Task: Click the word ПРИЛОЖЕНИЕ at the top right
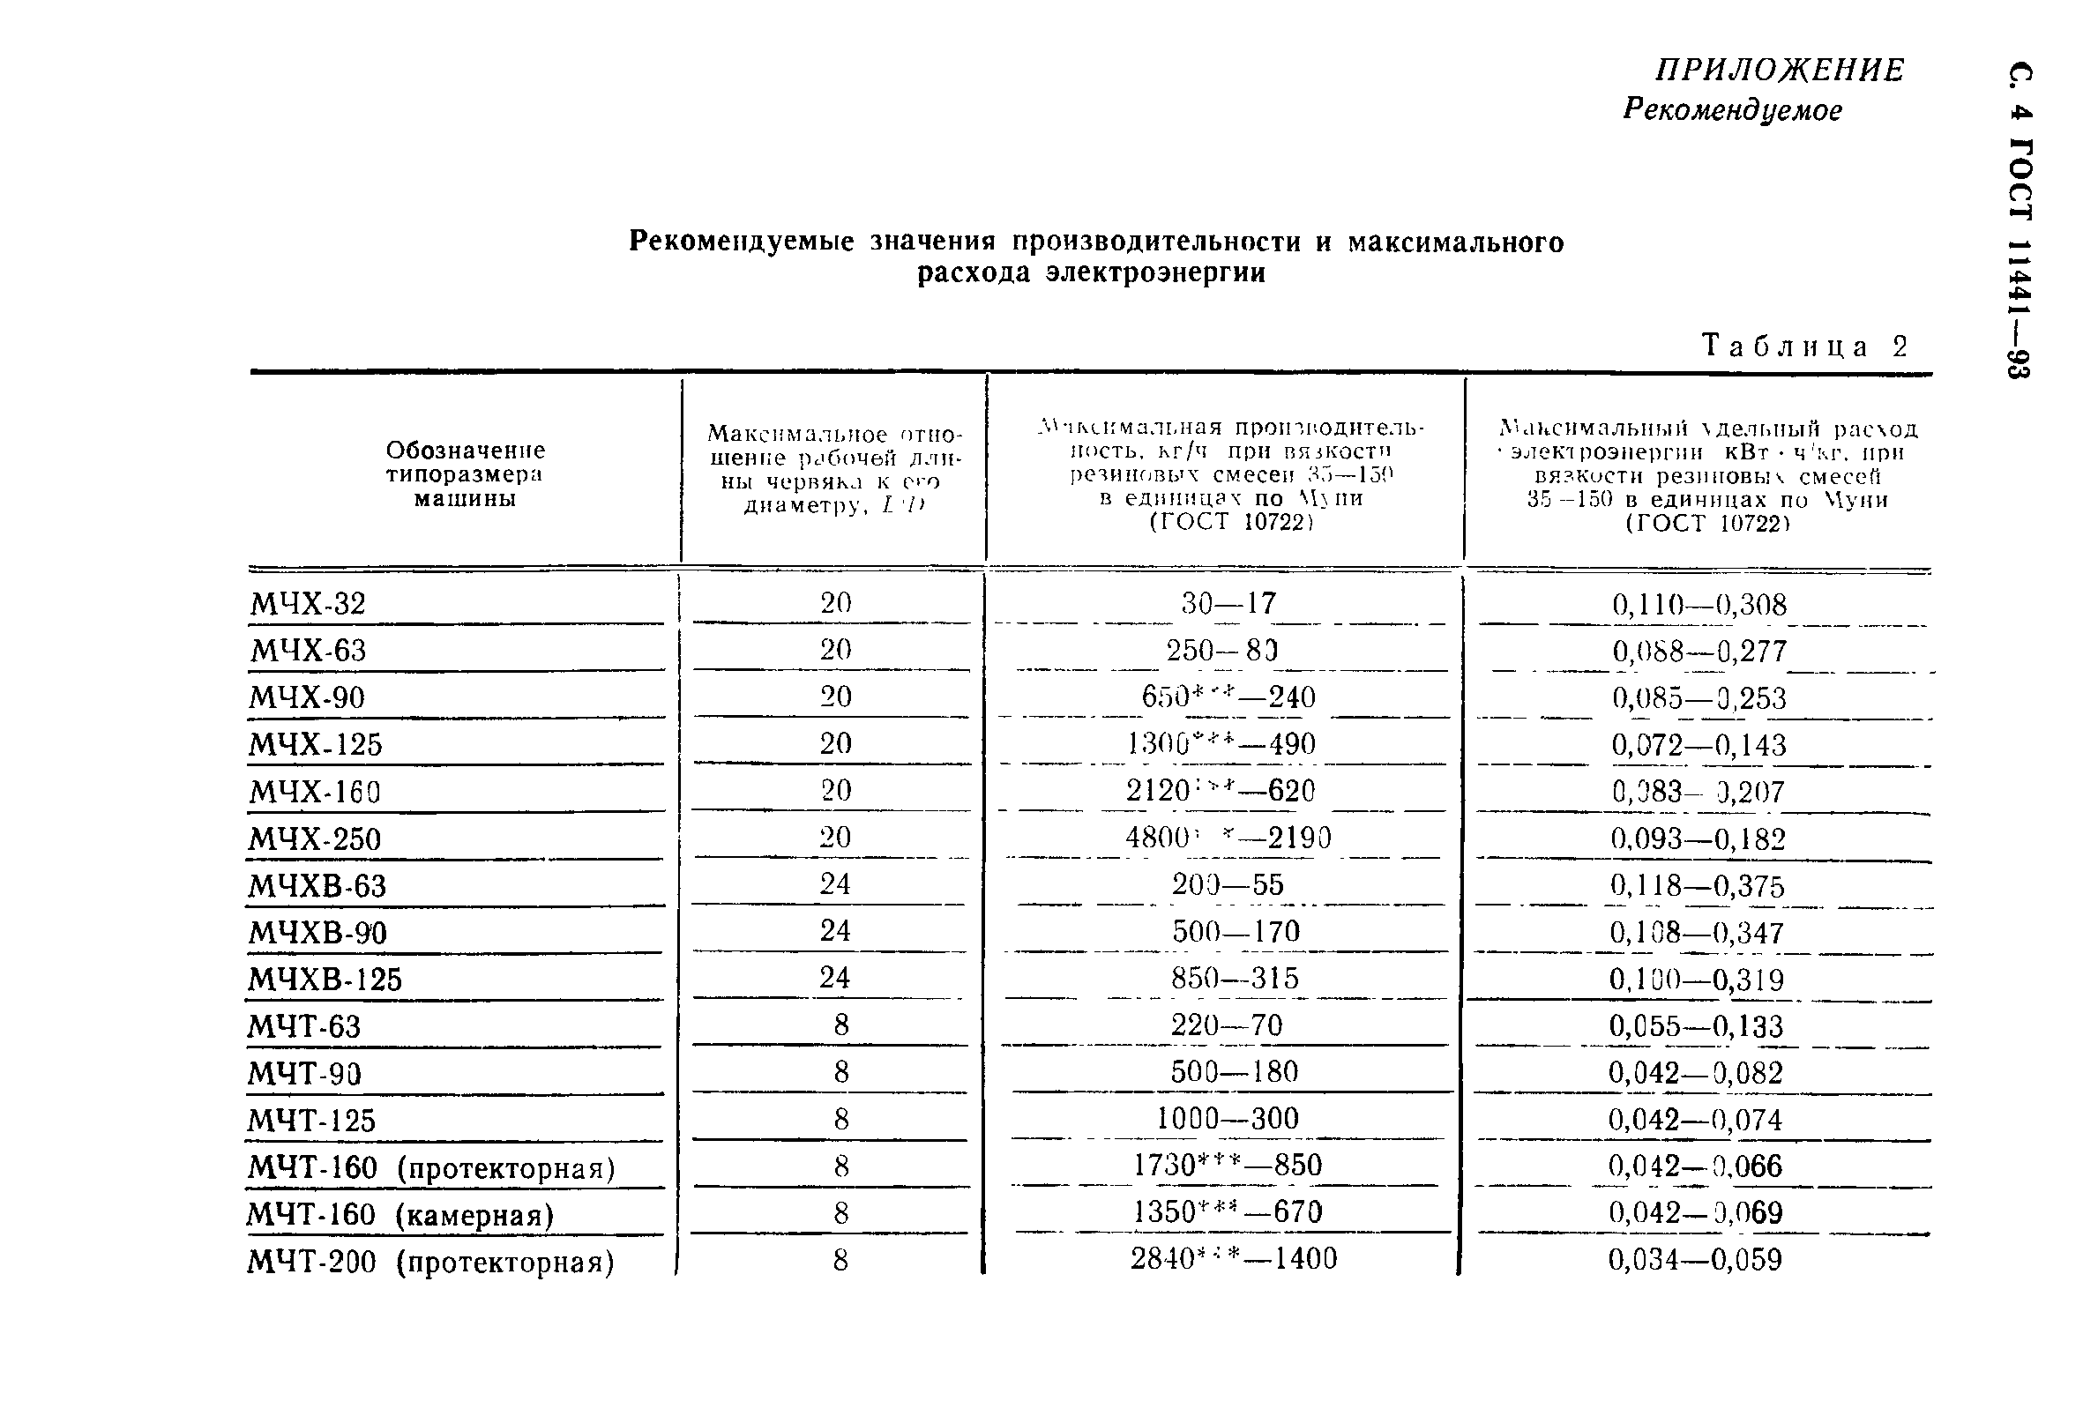pyautogui.click(x=1779, y=70)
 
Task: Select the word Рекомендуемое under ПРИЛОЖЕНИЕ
pyautogui.click(x=1732, y=110)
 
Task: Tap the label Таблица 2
pyautogui.click(x=1804, y=346)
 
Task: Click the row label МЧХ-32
pyautogui.click(x=309, y=604)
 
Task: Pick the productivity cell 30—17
pyautogui.click(x=1228, y=603)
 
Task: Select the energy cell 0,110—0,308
pyautogui.click(x=1699, y=605)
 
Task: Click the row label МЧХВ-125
pyautogui.click(x=325, y=980)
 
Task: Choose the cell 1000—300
pyautogui.click(x=1228, y=1119)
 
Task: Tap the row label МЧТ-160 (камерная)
pyautogui.click(x=400, y=1214)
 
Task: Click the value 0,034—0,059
pyautogui.click(x=1695, y=1260)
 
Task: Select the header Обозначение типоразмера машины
pyautogui.click(x=465, y=474)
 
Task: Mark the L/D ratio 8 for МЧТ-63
pyautogui.click(x=840, y=1025)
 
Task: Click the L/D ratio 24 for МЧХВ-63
pyautogui.click(x=834, y=884)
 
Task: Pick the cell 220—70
pyautogui.click(x=1227, y=1025)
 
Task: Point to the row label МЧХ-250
pyautogui.click(x=315, y=839)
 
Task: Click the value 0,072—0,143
pyautogui.click(x=1699, y=745)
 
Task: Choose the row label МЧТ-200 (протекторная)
pyautogui.click(x=430, y=1263)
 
